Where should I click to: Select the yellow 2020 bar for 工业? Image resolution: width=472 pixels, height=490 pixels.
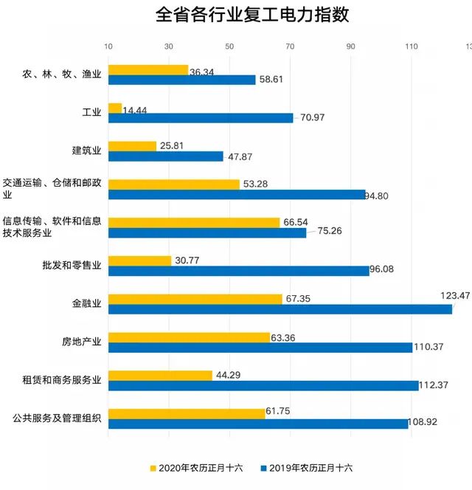pos(115,108)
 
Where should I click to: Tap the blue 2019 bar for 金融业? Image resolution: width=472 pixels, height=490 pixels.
pos(280,309)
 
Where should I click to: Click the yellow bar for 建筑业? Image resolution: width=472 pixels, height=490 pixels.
pos(133,146)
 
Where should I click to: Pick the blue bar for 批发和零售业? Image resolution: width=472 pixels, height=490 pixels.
pos(239,271)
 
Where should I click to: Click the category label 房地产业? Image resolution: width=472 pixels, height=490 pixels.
pos(81,341)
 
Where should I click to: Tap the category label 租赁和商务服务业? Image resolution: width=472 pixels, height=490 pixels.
pos(62,379)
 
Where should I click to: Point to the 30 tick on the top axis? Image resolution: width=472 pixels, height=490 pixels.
pos(169,46)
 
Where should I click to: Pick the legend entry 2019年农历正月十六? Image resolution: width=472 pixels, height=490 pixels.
pos(308,468)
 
